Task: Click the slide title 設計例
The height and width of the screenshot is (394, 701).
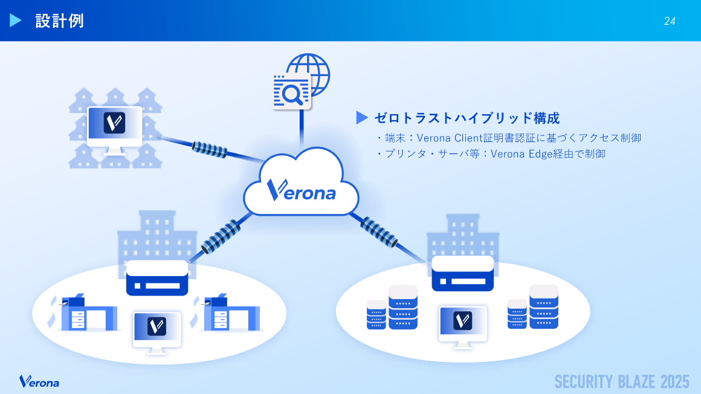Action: point(59,21)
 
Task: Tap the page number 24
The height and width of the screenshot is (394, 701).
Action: point(670,21)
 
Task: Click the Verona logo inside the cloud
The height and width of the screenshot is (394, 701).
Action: point(301,190)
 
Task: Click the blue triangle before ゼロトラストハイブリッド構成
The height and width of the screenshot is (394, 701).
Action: point(362,118)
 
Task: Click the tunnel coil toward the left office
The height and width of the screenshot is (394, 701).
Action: point(222,236)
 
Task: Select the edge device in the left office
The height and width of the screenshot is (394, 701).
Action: point(157,278)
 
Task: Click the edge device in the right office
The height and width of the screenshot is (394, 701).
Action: point(463,273)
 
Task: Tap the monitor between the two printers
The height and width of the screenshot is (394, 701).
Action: point(157,329)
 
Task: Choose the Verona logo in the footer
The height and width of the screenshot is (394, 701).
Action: point(39,382)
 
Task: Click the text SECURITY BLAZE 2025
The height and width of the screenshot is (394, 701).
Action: point(622,382)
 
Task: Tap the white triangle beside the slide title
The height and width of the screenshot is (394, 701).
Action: point(16,21)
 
